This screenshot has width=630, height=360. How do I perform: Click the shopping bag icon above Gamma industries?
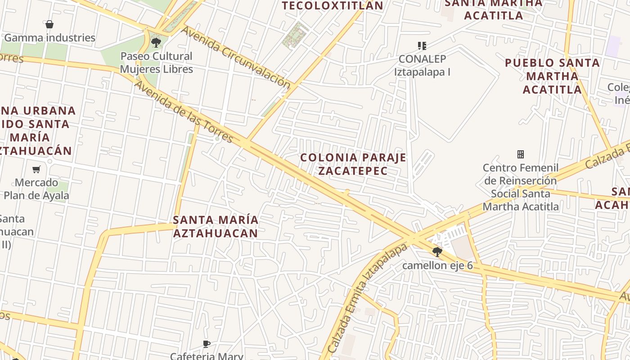pyautogui.click(x=49, y=24)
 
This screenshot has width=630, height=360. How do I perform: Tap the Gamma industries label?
pyautogui.click(x=49, y=38)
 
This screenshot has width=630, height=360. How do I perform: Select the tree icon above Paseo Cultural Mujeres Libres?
pyautogui.click(x=156, y=43)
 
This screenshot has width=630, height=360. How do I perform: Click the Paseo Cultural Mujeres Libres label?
pyautogui.click(x=156, y=63)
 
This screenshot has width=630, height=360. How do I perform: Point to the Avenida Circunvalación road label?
pyautogui.click(x=236, y=57)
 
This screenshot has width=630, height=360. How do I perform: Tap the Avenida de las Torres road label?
pyautogui.click(x=183, y=111)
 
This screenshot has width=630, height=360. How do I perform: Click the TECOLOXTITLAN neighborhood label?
pyautogui.click(x=332, y=6)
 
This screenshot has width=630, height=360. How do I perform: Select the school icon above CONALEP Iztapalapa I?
pyautogui.click(x=422, y=45)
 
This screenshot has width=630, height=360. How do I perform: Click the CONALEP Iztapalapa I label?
pyautogui.click(x=422, y=65)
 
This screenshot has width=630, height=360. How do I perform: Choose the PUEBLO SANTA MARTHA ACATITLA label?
pyautogui.click(x=552, y=76)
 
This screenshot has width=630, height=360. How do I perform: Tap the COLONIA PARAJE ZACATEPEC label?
pyautogui.click(x=353, y=164)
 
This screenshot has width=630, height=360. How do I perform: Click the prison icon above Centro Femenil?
pyautogui.click(x=521, y=155)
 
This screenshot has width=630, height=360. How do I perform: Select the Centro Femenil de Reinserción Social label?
pyautogui.click(x=521, y=187)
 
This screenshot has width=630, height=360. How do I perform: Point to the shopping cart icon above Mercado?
pyautogui.click(x=36, y=170)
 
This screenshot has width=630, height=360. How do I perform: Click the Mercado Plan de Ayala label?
pyautogui.click(x=36, y=189)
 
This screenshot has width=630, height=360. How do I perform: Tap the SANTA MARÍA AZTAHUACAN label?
pyautogui.click(x=216, y=226)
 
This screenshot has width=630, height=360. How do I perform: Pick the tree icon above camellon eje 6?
pyautogui.click(x=437, y=252)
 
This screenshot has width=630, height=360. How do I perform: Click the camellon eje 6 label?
pyautogui.click(x=437, y=265)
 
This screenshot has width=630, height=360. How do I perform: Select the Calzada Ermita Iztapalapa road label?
pyautogui.click(x=367, y=299)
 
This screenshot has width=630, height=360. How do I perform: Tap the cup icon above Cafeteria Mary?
pyautogui.click(x=207, y=345)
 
